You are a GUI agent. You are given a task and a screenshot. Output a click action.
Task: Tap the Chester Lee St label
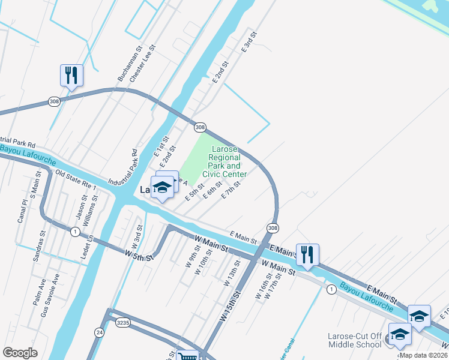pyautogui.click(x=146, y=62)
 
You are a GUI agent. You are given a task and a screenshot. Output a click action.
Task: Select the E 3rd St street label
pyautogui.click(x=249, y=41)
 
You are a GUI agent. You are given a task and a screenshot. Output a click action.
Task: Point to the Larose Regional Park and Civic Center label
pyautogui.click(x=224, y=161)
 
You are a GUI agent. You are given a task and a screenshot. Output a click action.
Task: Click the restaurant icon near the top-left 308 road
pyautogui.click(x=71, y=75)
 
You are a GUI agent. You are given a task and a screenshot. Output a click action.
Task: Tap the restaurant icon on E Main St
pyautogui.click(x=307, y=254)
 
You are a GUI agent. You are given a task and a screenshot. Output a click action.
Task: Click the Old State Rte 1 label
pyautogui.click(x=76, y=181)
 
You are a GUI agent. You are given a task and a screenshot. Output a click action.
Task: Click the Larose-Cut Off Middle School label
pyautogui.click(x=355, y=340)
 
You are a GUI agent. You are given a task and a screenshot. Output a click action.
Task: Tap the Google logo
pyautogui.click(x=20, y=353)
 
